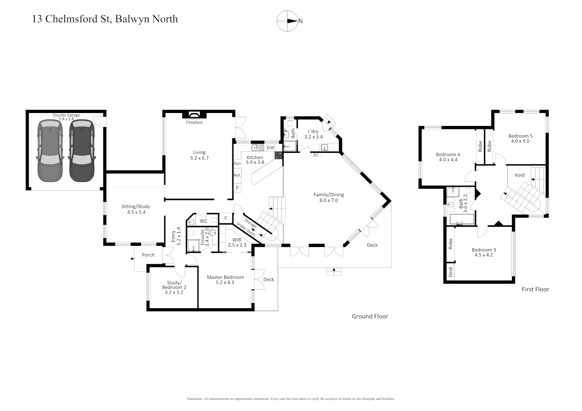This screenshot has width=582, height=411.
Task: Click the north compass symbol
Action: (287, 21)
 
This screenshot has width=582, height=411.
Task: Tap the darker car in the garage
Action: (82, 151)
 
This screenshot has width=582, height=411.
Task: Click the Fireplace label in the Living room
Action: (194, 123)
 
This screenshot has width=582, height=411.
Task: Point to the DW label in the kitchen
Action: (270, 148)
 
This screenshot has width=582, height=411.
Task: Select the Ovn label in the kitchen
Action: (237, 164)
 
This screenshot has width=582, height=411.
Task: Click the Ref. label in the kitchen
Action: (237, 175)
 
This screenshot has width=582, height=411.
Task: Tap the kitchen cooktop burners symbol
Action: (278, 155)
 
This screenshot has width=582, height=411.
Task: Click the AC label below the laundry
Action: (316, 155)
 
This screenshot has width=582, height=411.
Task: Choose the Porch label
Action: (148, 255)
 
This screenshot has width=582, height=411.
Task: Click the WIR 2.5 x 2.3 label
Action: (237, 242)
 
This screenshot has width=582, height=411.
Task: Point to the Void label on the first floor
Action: (519, 175)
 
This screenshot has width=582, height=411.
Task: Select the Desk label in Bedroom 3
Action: (451, 271)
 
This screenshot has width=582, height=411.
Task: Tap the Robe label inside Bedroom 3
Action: (451, 244)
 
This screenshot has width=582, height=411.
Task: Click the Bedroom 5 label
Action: (520, 139)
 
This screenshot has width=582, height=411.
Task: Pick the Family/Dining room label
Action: (328, 198)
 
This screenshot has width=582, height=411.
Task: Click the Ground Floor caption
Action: (369, 316)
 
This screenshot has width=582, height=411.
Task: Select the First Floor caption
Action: (535, 289)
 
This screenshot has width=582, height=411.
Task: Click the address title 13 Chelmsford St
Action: (105, 19)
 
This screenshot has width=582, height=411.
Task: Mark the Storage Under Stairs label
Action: (248, 227)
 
